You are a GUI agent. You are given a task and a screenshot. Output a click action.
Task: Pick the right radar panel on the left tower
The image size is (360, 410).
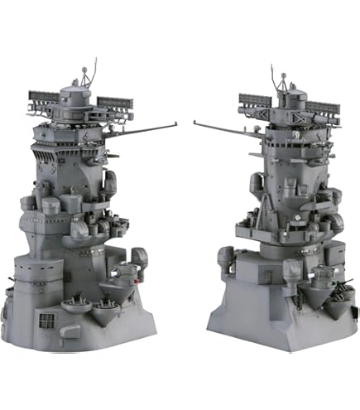[115, 104]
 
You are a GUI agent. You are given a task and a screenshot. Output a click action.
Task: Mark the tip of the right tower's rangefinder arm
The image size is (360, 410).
[195, 123]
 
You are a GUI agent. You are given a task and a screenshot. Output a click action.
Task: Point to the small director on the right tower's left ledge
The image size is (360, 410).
[224, 258]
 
